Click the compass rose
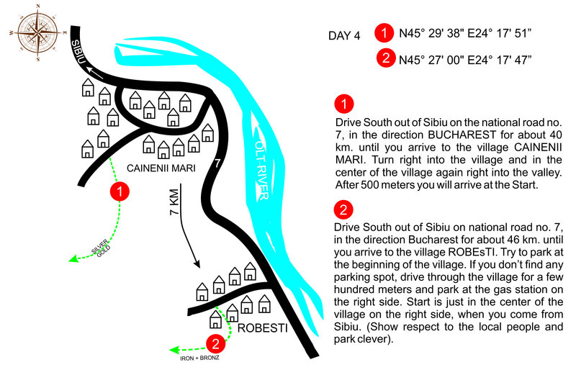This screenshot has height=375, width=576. tap(38, 33)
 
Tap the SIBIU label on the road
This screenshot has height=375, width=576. tap(78, 52)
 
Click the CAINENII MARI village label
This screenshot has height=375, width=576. tap(161, 168)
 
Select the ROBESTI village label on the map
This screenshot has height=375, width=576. tap(262, 328)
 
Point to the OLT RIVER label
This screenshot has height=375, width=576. tap(262, 170)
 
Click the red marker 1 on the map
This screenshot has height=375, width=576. tap(120, 191)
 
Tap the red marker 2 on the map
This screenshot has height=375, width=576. tap(215, 343)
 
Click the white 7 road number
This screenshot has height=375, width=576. tap(217, 163)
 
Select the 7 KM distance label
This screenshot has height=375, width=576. tap(174, 202)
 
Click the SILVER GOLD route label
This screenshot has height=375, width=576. tap(101, 248)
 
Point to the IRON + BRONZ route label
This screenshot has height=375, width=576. tap(199, 358)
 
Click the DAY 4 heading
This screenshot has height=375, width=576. tap(344, 35)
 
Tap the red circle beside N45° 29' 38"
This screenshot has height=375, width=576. tap(384, 33)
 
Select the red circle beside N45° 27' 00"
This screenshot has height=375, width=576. tap(386, 58)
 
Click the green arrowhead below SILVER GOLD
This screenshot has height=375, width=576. tap(73, 258)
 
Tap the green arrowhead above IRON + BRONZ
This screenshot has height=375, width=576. tap(174, 349)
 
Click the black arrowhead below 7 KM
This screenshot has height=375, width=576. tap(197, 263)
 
